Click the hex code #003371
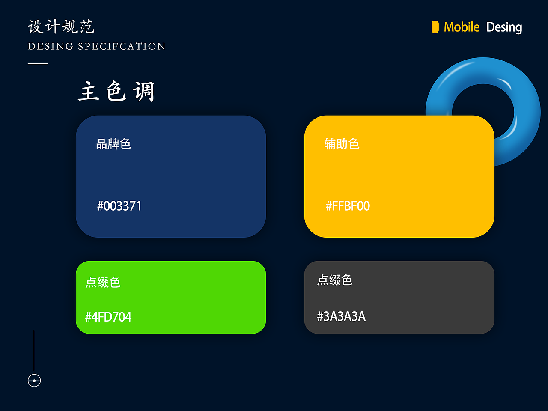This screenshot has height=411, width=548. pos(119,206)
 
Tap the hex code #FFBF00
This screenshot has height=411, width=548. pos(348,206)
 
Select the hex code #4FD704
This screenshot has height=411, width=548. pos(108,317)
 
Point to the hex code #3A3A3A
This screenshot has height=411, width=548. pos(341,316)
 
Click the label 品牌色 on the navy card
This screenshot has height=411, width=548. pos(113,144)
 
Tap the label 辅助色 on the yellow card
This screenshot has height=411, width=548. pos(342,144)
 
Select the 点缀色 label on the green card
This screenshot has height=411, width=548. pos(103,282)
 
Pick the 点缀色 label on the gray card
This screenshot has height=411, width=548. pos(335,280)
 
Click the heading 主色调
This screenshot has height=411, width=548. pos(116,92)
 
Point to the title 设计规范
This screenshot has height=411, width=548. pos(61,27)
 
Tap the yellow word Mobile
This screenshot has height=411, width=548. pos(462,27)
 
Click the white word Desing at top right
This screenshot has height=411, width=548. pos(504,27)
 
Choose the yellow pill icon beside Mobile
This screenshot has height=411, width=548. pos(435,27)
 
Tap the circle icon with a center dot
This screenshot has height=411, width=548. pos(34,381)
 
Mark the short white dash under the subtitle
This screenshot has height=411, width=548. pos(38,63)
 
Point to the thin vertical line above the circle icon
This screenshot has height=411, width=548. pos(34,350)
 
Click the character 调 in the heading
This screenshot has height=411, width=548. pos(143,92)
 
